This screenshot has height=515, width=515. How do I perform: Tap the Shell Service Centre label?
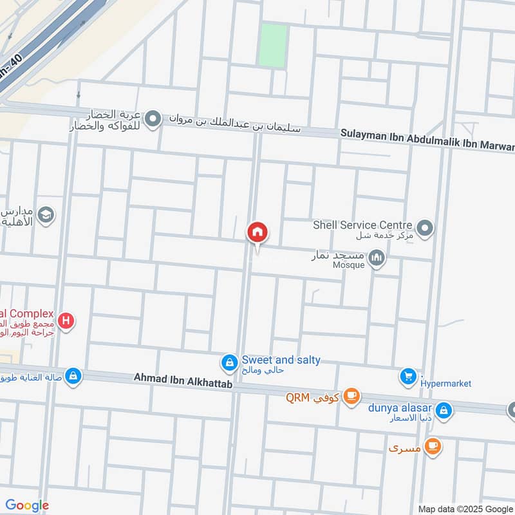pyautogui.click(x=362, y=225)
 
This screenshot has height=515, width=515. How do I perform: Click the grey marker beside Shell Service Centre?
pyautogui.click(x=424, y=228)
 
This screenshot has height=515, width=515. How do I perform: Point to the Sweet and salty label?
pyautogui.click(x=281, y=360)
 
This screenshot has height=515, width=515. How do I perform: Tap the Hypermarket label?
pyautogui.click(x=445, y=384)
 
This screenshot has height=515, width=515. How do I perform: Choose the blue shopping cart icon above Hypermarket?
pyautogui.click(x=407, y=376)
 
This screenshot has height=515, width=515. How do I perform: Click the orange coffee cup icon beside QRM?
pyautogui.click(x=351, y=395)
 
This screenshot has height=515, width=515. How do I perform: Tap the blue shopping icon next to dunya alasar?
pyautogui.click(x=444, y=409)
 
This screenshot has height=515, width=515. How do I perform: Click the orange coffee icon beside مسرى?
pyautogui.click(x=433, y=446)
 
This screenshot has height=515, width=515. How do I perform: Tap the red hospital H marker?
pyautogui.click(x=65, y=320)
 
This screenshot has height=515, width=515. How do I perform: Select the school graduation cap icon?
pyautogui.click(x=46, y=215)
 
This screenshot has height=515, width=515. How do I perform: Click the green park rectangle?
pyautogui.click(x=272, y=44)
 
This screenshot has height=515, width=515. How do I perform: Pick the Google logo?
pyautogui.click(x=27, y=505)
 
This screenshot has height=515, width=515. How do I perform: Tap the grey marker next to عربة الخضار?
pyautogui.click(x=153, y=119)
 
